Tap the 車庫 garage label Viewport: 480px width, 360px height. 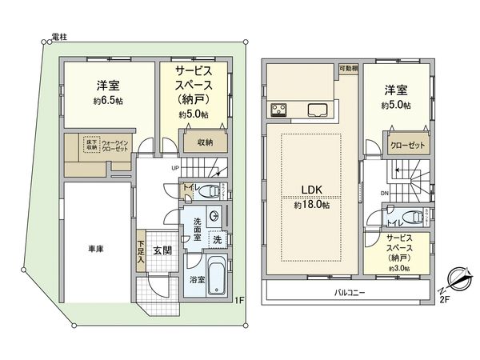point(95,249)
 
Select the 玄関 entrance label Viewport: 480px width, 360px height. point(162,250)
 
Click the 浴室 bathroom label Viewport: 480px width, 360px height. point(196,281)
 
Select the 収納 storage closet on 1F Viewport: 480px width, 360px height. point(205,142)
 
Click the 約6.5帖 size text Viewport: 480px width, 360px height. point(106,102)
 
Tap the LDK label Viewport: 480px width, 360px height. point(311,190)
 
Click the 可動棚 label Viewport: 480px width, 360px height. point(348,69)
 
